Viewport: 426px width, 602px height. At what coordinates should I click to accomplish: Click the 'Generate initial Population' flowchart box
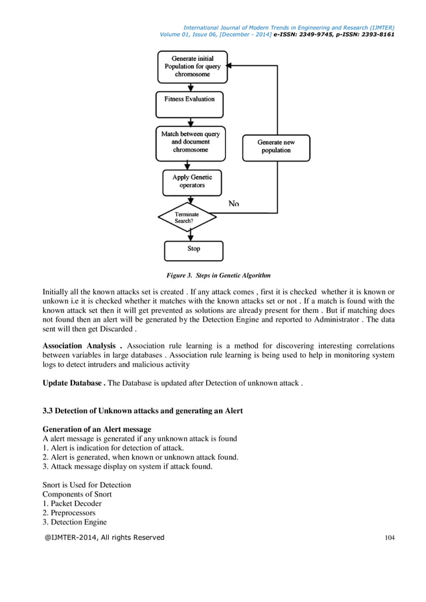pyautogui.click(x=192, y=67)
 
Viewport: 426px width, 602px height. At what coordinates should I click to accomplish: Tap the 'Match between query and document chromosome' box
pyautogui.click(x=190, y=142)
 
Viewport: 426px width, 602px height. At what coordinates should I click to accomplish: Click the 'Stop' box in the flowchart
pyautogui.click(x=193, y=250)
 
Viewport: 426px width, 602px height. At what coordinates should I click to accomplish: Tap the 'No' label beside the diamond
pyautogui.click(x=234, y=203)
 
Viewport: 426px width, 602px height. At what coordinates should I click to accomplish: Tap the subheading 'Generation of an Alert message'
pyautogui.click(x=97, y=428)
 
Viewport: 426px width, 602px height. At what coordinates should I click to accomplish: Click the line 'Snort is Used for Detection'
pyautogui.click(x=87, y=485)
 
